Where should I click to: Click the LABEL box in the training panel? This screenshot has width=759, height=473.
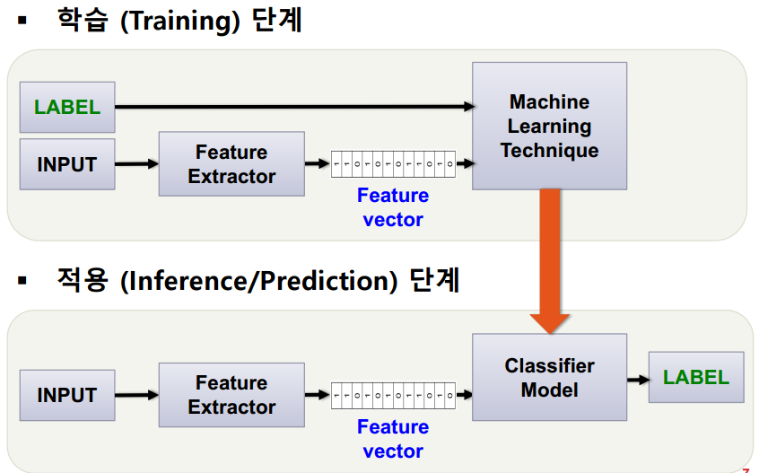point(67,107)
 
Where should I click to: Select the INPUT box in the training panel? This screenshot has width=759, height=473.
point(67,164)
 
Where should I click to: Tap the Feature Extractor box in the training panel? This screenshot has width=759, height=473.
point(231,164)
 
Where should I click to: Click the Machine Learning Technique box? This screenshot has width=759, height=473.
point(549,126)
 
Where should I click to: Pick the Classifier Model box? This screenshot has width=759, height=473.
point(549,378)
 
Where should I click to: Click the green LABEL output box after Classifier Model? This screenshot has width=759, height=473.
point(696,377)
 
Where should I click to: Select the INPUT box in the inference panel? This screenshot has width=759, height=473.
point(67,395)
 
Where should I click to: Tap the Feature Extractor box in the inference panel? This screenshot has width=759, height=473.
point(231,395)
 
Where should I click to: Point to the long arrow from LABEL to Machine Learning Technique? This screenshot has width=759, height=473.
point(296,107)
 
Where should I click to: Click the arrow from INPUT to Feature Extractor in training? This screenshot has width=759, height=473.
point(136,164)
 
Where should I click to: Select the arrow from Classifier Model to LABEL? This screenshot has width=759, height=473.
point(638,379)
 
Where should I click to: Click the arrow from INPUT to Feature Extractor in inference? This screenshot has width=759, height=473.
point(136,395)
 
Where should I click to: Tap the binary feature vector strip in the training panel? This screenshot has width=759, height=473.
point(393,164)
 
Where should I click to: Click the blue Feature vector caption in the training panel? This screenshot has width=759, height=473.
point(393,207)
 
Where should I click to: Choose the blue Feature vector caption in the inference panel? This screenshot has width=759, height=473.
point(393,439)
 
